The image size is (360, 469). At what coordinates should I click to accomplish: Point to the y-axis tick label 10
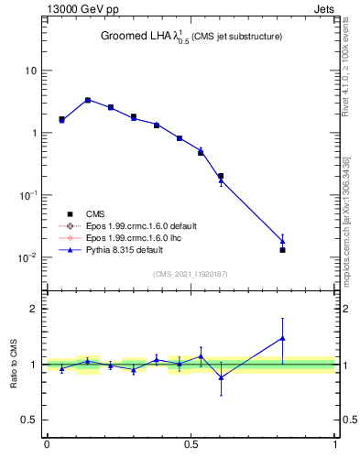[x=31, y=71]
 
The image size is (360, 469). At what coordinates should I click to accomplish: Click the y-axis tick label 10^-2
[x=27, y=257]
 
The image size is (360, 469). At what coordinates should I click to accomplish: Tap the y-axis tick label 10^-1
[x=27, y=195]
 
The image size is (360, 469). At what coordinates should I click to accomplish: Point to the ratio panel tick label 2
[x=34, y=309]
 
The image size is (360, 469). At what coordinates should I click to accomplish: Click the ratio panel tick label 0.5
[x=28, y=420]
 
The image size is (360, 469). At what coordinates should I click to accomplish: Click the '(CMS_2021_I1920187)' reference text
[x=191, y=273]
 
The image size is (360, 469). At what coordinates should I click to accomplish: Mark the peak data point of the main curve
[x=88, y=100]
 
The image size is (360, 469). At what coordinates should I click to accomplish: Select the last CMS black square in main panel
[x=282, y=249]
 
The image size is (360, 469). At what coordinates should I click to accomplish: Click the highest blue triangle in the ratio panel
[x=282, y=338]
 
